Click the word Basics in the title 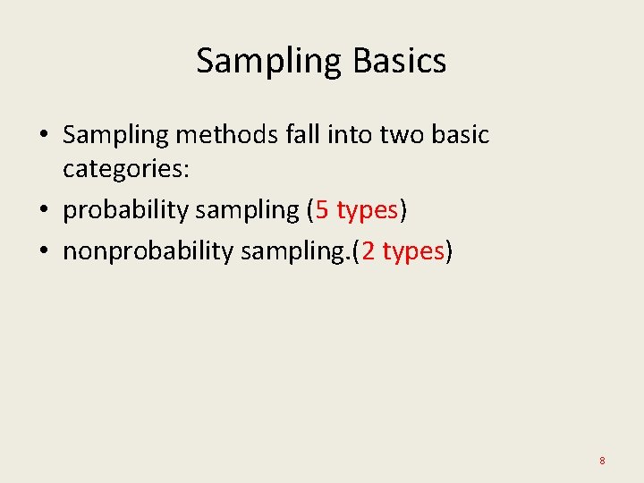tap(399, 61)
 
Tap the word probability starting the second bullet tap(125, 210)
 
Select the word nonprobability tap(148, 251)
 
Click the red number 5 tap(322, 210)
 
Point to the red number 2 tap(368, 251)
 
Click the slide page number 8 tap(602, 461)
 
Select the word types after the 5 tap(368, 211)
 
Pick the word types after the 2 tap(413, 252)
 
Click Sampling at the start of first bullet tap(116, 135)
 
